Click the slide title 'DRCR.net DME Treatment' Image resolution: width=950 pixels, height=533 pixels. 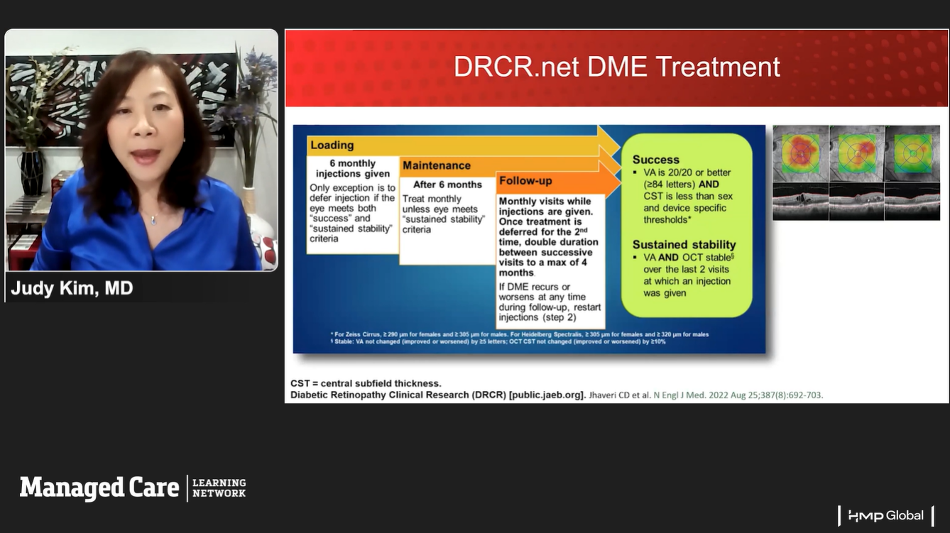pos(616,67)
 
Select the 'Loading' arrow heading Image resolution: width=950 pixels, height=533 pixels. pos(332,145)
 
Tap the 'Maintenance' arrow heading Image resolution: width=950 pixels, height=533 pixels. pos(436,165)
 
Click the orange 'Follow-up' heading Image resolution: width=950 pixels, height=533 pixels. pos(525,181)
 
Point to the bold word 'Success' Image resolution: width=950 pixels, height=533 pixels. pos(655,160)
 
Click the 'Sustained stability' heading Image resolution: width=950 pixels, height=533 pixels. pos(684,245)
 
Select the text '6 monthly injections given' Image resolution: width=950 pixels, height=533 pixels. pos(353,168)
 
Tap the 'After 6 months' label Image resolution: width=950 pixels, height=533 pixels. pos(447,185)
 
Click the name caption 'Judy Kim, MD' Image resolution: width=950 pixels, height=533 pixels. pos(72,288)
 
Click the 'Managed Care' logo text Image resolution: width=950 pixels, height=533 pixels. pos(99,488)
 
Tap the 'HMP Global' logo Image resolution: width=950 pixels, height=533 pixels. pos(885,515)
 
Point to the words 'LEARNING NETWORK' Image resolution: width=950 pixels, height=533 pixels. pos(219,488)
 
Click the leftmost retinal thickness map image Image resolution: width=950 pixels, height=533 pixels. pos(800,154)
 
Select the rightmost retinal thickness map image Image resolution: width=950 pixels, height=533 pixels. pos(912,154)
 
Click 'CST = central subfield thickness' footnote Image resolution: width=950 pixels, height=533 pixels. pos(366,383)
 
